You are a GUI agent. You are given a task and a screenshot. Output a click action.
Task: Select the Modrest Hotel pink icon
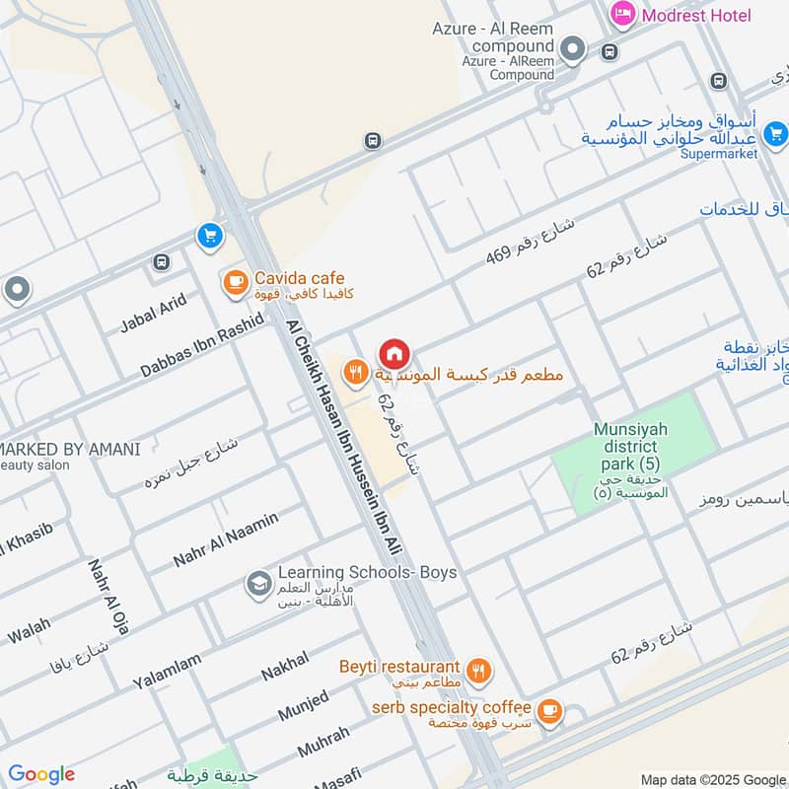pos(622,14)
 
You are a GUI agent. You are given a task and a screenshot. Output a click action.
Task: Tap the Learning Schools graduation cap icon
pos(258,584)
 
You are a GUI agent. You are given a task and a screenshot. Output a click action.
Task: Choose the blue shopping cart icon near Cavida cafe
pos(209,236)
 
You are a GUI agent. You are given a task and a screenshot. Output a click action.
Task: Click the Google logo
pos(41,774)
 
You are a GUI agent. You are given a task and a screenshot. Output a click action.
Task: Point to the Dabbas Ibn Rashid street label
pos(202,345)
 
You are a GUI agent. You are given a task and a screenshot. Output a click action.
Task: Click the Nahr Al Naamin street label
pos(226,539)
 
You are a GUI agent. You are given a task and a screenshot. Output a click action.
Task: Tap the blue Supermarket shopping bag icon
pos(775,132)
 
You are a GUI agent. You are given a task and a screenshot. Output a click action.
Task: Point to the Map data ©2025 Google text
pos(711,778)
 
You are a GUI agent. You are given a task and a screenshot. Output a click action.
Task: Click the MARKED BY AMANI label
pos(71,449)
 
